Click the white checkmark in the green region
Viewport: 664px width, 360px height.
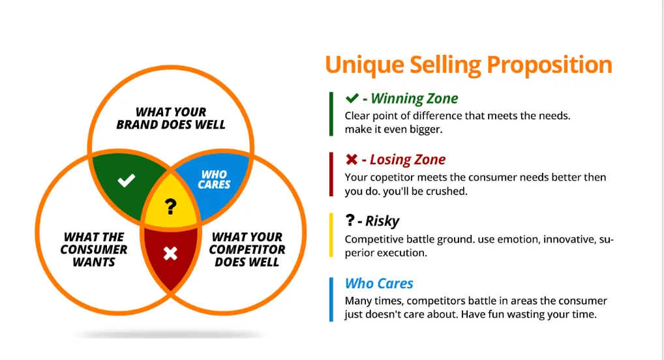tap(127, 181)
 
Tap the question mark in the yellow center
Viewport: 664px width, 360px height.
tap(171, 207)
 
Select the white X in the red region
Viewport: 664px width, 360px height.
tap(170, 253)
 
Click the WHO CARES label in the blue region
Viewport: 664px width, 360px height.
tap(214, 179)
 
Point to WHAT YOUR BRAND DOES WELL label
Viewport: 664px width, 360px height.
tap(171, 118)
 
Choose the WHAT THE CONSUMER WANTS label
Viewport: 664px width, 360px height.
tap(94, 249)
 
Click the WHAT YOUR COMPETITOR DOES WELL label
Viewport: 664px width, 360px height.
tap(247, 249)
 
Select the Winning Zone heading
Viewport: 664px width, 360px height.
tap(414, 99)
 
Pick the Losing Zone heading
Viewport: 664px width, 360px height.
tap(408, 160)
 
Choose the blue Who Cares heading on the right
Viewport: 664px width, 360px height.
tap(379, 283)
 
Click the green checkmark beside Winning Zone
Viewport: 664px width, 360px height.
tap(352, 98)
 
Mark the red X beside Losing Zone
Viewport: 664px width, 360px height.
tap(352, 160)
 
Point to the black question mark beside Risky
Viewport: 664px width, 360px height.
tap(350, 220)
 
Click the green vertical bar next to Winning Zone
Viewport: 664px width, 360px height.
tap(331, 114)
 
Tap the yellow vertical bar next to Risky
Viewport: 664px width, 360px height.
tap(331, 236)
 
